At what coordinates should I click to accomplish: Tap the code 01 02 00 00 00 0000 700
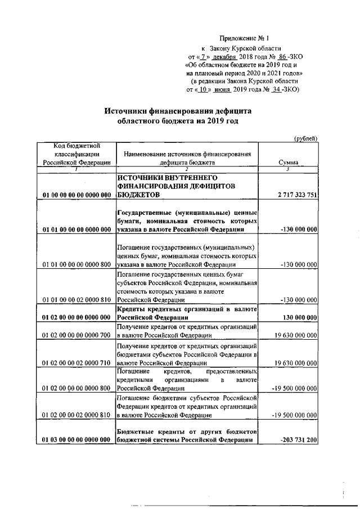pyautogui.click(x=76, y=335)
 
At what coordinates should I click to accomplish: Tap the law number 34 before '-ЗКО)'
pyautogui.click(x=276, y=89)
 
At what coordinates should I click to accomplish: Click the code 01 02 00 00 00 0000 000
pyautogui.click(x=76, y=318)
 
